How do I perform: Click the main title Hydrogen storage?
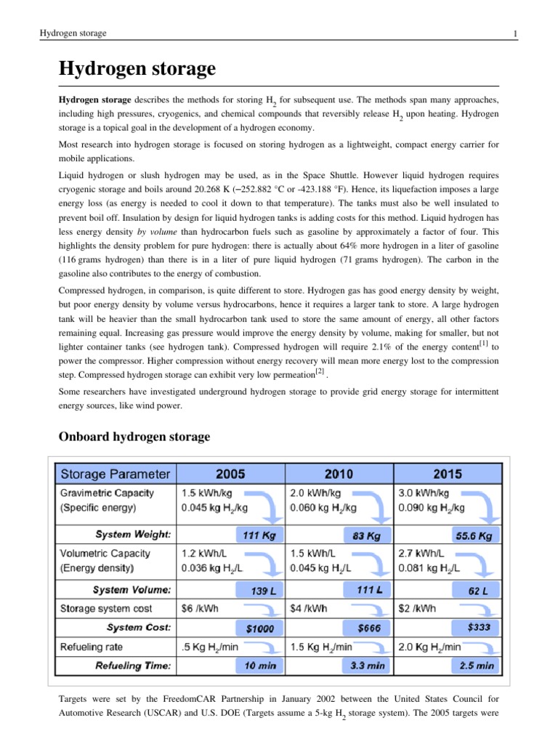137,70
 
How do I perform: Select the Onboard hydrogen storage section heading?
134,437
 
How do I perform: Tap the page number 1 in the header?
514,33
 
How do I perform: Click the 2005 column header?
230,474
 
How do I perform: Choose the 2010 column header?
339,474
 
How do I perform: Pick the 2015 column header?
447,474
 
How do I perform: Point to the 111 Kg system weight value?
259,535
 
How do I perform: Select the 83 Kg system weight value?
366,535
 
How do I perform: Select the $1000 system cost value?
259,627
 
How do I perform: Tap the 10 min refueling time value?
259,664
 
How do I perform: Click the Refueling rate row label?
91,646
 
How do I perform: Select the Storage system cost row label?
105,608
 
